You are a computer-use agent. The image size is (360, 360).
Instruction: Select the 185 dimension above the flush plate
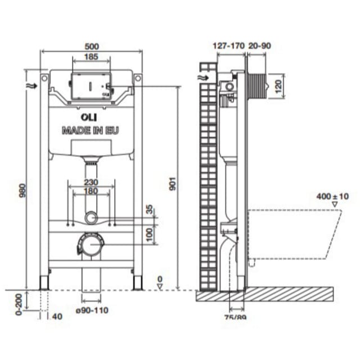point(90,56)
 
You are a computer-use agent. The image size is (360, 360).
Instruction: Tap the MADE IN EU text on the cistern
point(91,130)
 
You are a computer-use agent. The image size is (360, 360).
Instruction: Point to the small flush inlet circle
point(92,217)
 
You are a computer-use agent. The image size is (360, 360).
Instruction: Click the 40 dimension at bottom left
point(58,316)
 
